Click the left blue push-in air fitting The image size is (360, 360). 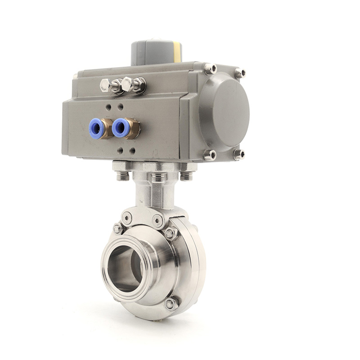(x=96, y=128)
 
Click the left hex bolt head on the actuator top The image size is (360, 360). (x=106, y=85)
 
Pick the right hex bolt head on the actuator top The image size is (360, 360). (x=127, y=84)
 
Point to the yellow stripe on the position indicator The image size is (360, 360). (x=177, y=52)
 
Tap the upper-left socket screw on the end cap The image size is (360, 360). (x=210, y=69)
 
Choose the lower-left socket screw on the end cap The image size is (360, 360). (x=210, y=155)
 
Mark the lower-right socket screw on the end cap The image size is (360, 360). (x=239, y=154)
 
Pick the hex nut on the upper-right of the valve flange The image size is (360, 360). (x=171, y=233)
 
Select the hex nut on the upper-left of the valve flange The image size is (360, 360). (x=118, y=229)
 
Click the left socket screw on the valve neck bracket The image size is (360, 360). (x=127, y=218)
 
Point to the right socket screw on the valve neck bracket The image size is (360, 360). (x=157, y=220)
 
